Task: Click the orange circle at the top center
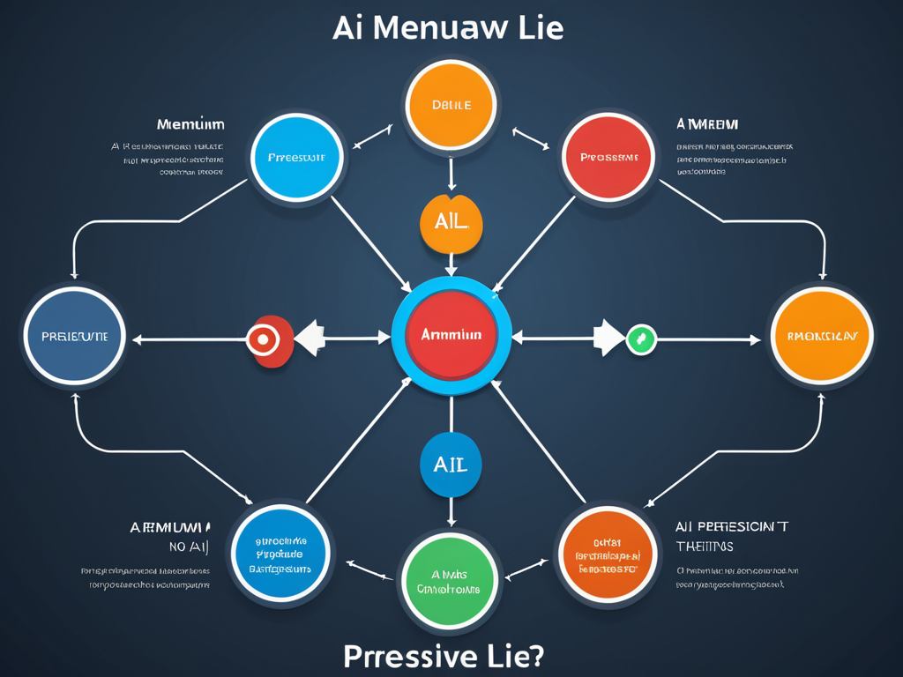pyautogui.click(x=451, y=105)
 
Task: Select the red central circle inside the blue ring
pyautogui.click(x=451, y=336)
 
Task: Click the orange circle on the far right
pyautogui.click(x=820, y=336)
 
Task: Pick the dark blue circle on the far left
pyautogui.click(x=74, y=337)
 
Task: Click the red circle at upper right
pyautogui.click(x=608, y=158)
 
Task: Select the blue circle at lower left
pyautogui.click(x=280, y=554)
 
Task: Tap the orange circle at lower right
pyautogui.click(x=608, y=554)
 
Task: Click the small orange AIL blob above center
pyautogui.click(x=451, y=223)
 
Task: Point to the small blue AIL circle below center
pyautogui.click(x=451, y=464)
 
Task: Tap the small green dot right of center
pyautogui.click(x=641, y=338)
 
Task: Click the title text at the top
pyautogui.click(x=448, y=27)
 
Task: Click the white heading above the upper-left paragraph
pyautogui.click(x=190, y=124)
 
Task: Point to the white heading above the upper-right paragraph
pyautogui.click(x=707, y=124)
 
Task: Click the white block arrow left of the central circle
pyautogui.click(x=310, y=338)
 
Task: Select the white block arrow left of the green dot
pyautogui.click(x=607, y=338)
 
